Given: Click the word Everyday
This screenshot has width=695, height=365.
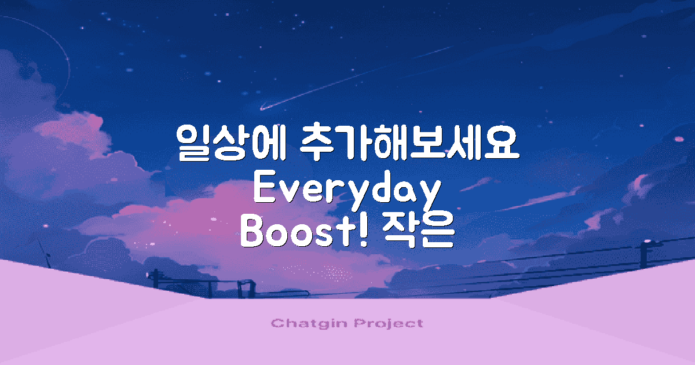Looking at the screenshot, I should click(345, 190).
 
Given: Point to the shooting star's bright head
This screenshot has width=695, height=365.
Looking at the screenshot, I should click(262, 108).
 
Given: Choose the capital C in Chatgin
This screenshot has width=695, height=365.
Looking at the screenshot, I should click(276, 323).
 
